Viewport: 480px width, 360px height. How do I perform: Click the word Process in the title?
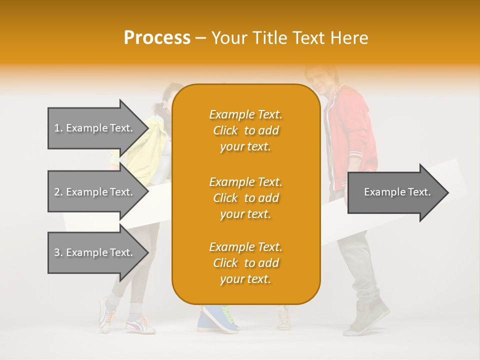click(157, 38)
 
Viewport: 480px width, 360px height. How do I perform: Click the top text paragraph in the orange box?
click(245, 130)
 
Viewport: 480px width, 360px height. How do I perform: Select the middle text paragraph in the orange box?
click(245, 198)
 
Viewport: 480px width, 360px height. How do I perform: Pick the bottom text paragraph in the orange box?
click(245, 263)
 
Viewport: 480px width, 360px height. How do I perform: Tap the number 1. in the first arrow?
click(58, 128)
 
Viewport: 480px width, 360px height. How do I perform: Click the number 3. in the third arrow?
click(58, 252)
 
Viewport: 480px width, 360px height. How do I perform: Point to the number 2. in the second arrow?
click(58, 192)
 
